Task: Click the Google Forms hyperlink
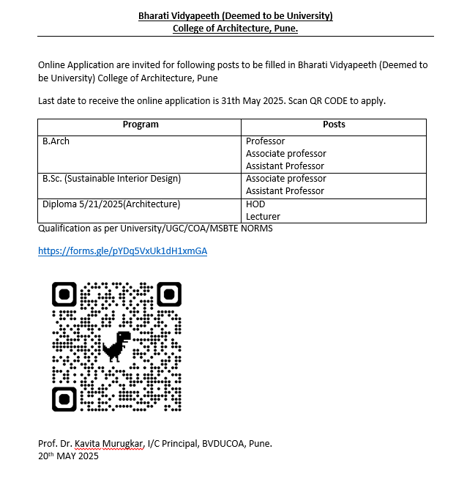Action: [122, 250]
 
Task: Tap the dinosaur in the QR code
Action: [116, 346]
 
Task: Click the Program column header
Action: [141, 125]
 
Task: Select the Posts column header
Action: [334, 125]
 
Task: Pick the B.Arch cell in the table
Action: [56, 141]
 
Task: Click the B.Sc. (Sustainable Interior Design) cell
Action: [111, 178]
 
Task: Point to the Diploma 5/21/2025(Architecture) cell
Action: [111, 204]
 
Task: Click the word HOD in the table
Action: [255, 204]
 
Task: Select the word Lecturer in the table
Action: [263, 216]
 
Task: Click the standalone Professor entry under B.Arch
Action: [265, 141]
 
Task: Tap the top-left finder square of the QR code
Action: [64, 294]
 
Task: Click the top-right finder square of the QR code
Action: [169, 294]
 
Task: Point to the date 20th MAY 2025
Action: [68, 456]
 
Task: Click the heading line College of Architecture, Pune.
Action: [235, 29]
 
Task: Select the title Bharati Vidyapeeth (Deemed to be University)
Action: [235, 16]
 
